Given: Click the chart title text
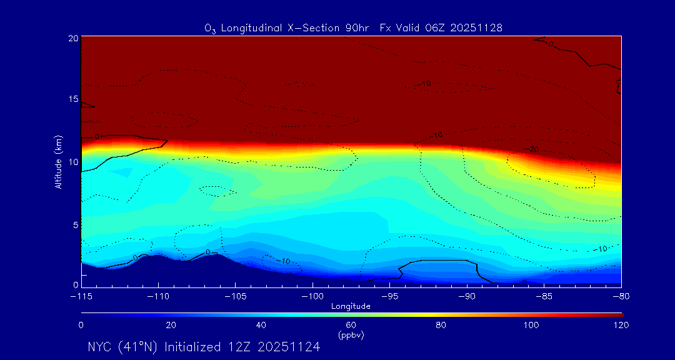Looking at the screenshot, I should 353,27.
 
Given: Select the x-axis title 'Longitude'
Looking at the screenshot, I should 351,306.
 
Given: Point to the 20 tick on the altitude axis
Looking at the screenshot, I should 72,38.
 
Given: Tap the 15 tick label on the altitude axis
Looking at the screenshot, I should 72,100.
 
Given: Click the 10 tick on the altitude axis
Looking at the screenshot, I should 72,162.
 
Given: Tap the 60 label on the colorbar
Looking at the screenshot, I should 351,325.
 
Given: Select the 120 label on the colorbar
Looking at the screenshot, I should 621,325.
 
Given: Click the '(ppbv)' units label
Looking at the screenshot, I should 351,335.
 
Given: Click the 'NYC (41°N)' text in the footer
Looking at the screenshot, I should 123,347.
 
